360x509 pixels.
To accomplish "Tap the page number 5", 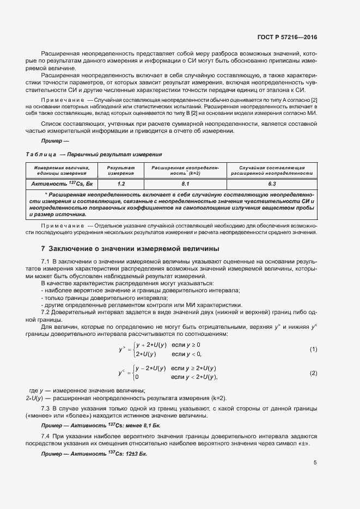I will click(315, 463).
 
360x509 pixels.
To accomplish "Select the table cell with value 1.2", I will click(121, 184).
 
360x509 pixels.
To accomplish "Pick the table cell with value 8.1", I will click(185, 184).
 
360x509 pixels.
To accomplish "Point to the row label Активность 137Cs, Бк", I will click(62, 184).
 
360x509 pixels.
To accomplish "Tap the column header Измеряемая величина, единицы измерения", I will click(62, 170).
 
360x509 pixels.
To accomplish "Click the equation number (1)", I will click(313, 348).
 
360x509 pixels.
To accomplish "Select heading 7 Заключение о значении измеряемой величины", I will click(130, 249).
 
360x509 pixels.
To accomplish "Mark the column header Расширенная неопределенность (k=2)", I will click(185, 170).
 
